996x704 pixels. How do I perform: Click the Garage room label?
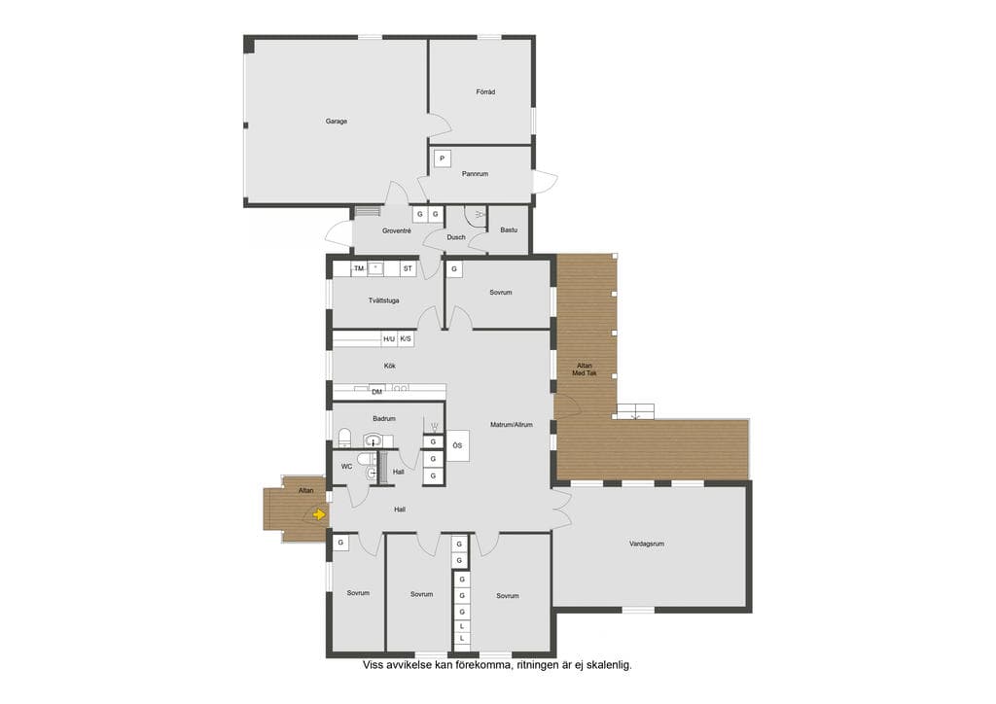336,122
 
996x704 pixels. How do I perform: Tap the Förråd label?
485,92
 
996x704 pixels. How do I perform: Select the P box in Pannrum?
443,158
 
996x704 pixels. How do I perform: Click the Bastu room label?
509,229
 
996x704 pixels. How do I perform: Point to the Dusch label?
456,237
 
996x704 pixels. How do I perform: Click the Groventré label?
397,231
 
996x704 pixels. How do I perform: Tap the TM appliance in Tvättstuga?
359,268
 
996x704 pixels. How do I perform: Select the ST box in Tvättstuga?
408,268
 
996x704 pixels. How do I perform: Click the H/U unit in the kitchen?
389,339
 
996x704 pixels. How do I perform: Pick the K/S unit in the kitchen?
406,339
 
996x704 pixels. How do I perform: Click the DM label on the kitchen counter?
376,392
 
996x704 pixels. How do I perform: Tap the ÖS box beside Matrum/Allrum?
457,445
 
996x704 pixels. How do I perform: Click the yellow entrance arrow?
319,514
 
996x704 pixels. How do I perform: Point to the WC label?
347,467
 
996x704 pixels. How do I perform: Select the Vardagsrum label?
647,544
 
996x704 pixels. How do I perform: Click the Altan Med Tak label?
585,370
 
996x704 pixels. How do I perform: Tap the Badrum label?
384,418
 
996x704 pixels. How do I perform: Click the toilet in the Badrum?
345,438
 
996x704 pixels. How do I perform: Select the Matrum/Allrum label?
512,425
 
